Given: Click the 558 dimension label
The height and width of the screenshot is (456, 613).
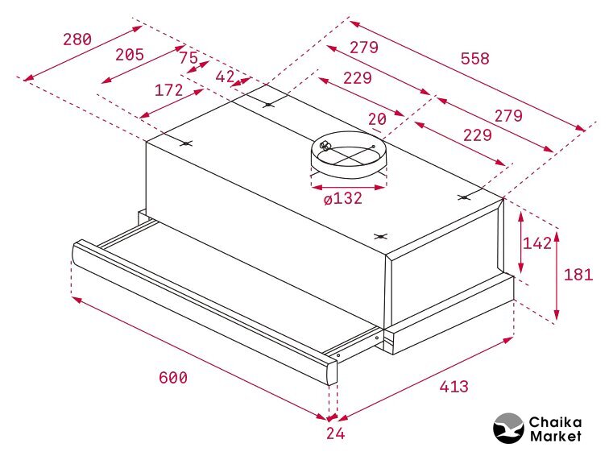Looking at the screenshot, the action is (x=475, y=59).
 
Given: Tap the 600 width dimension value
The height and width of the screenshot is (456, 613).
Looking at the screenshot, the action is (x=173, y=377).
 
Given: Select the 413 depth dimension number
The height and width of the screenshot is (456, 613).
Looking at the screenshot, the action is (x=454, y=387).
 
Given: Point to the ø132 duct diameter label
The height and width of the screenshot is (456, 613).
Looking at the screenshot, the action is (x=343, y=199).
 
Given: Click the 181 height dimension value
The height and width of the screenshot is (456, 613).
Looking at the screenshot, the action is (x=578, y=275).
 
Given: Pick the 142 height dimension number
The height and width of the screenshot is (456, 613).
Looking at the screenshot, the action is (x=537, y=243).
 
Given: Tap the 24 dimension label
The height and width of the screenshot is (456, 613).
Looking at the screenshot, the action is (x=335, y=433).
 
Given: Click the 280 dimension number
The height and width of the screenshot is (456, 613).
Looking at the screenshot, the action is (x=77, y=39).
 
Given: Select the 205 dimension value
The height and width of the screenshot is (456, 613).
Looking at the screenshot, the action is (x=130, y=54).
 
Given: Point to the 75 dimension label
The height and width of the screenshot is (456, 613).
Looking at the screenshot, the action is (x=188, y=58).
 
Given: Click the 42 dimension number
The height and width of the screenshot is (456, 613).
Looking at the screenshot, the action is (x=226, y=77).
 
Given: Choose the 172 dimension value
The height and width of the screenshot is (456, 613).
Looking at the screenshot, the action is (x=169, y=90).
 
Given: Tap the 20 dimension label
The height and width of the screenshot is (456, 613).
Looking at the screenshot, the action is (x=377, y=118).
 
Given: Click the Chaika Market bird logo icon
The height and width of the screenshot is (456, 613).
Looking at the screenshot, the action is (x=507, y=429).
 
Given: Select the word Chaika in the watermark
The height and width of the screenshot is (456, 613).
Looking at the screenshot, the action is (x=555, y=422).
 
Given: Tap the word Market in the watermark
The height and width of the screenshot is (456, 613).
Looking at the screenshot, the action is (x=555, y=436).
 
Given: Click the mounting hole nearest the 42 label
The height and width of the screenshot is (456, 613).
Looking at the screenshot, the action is (x=268, y=105).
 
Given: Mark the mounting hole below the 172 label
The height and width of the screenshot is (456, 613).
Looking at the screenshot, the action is (x=186, y=143).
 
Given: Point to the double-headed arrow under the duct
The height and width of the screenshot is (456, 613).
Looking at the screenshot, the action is (x=349, y=188).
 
